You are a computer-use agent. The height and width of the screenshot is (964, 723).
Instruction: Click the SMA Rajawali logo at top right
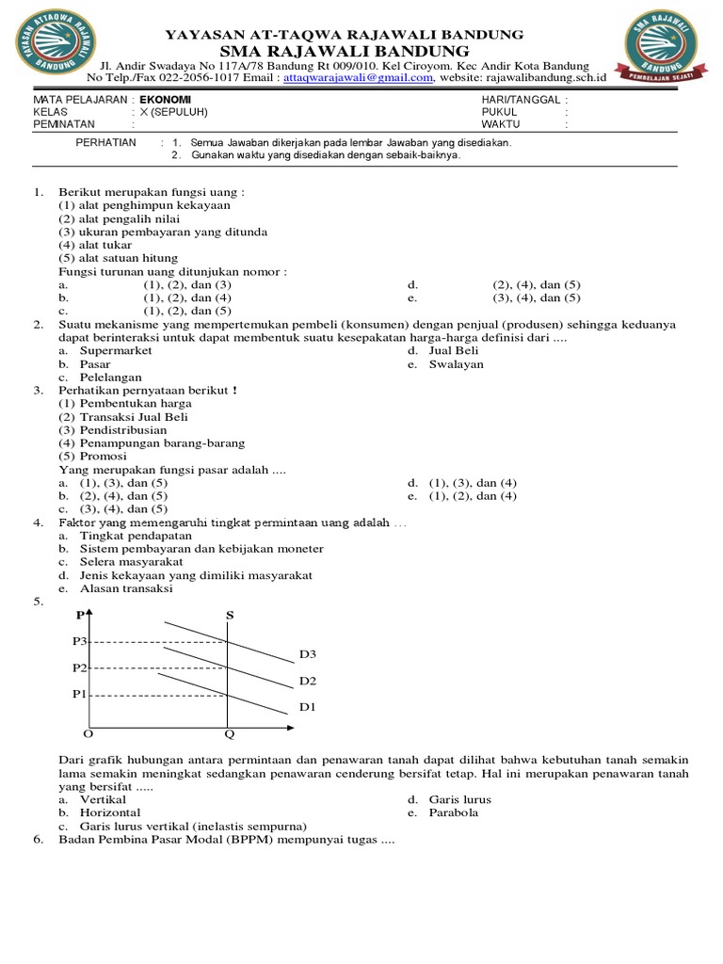tap(659, 51)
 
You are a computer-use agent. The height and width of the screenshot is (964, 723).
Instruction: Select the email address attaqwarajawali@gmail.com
tap(358, 78)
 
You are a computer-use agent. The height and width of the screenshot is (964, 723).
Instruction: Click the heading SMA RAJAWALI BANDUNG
tap(345, 50)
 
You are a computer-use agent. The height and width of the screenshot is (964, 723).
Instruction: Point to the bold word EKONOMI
tap(165, 99)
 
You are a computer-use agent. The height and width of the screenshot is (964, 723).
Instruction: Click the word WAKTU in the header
tap(501, 123)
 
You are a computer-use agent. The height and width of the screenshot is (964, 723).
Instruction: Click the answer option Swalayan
tap(457, 364)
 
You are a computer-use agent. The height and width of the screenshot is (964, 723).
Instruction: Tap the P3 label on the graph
tap(79, 641)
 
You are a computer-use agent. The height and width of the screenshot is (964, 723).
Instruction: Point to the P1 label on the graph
tap(79, 695)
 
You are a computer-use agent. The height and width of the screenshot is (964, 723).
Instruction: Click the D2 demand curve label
tap(308, 680)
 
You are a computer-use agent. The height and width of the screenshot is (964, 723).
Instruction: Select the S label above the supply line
tap(229, 616)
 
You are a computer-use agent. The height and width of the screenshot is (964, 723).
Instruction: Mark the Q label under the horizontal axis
tap(229, 734)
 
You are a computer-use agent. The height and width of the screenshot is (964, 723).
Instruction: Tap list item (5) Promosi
tap(92, 456)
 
